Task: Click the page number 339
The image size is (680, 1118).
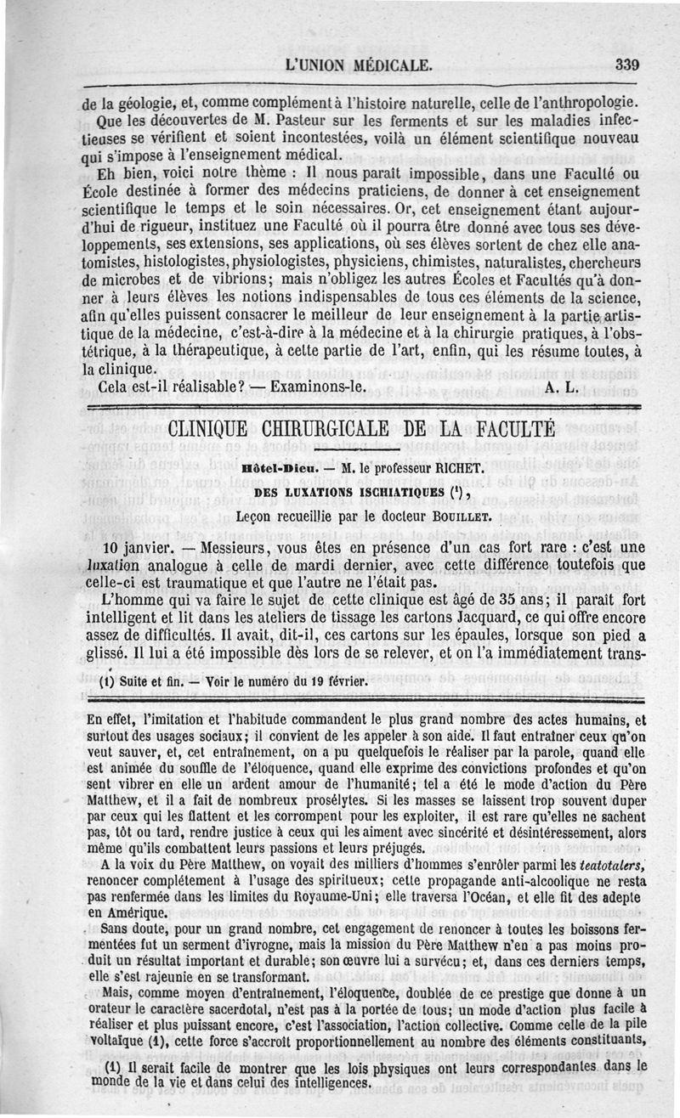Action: (626, 65)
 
